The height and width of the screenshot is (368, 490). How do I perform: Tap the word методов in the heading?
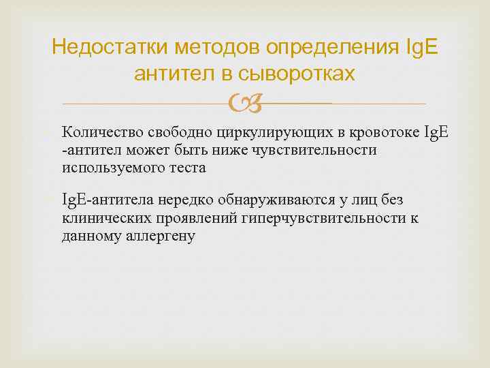pyautogui.click(x=218, y=48)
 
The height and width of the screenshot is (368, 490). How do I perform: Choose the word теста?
pyautogui.click(x=188, y=167)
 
